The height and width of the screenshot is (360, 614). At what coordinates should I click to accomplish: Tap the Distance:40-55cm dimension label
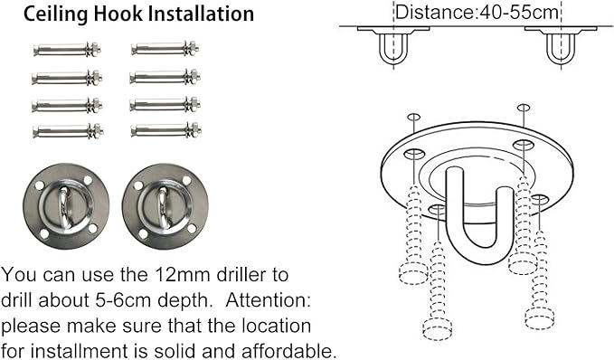pos(477,12)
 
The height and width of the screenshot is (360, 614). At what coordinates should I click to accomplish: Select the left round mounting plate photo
pos(66,206)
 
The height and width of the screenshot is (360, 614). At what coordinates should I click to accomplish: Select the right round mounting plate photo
pos(165,206)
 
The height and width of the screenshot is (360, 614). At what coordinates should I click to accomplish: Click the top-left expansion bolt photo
pos(67,50)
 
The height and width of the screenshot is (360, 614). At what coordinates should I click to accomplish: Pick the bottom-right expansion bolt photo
pos(166,130)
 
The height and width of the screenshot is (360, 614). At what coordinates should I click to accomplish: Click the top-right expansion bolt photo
pos(165,49)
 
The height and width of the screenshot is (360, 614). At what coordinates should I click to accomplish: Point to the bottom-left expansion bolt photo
pos(68,131)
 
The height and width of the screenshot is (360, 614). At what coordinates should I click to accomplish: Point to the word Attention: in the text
pos(268,300)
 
